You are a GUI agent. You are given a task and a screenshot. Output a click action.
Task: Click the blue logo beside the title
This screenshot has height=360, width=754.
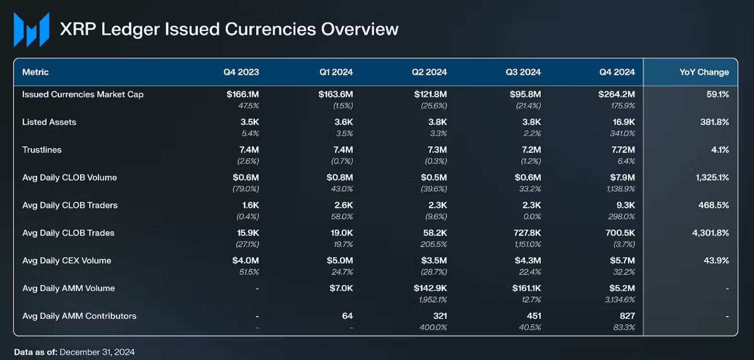click(32, 29)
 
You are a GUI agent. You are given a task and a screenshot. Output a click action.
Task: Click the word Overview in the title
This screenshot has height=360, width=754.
click(360, 29)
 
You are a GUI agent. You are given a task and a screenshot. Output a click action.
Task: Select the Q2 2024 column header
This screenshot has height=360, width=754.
click(429, 72)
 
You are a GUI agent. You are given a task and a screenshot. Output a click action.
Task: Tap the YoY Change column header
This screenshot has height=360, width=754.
click(704, 72)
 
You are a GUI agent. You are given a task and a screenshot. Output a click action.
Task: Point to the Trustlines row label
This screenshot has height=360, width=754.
click(42, 149)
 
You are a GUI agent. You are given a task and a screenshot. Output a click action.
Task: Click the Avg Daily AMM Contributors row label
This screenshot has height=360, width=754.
click(79, 316)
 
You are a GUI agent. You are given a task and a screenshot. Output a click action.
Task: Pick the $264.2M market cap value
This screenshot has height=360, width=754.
click(617, 94)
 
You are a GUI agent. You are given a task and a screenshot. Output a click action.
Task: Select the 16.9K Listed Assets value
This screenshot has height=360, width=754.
click(624, 122)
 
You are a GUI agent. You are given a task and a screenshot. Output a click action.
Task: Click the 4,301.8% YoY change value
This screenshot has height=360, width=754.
click(710, 233)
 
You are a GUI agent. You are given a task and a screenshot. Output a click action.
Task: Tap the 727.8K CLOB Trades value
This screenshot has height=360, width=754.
click(527, 233)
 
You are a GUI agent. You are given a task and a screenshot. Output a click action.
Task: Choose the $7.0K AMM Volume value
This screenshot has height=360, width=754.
click(341, 288)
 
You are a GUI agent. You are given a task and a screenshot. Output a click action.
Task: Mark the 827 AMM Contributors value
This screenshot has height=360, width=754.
click(627, 316)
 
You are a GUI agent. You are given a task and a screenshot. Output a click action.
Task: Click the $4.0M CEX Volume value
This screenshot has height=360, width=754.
click(245, 260)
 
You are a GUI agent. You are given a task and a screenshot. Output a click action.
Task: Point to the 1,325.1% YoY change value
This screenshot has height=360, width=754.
click(712, 177)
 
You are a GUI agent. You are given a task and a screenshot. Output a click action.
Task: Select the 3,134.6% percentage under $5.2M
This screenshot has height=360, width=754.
click(620, 299)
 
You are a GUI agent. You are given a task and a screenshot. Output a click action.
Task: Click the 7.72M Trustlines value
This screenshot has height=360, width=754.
click(623, 149)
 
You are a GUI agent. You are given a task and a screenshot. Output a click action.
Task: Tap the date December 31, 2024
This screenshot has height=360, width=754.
click(97, 352)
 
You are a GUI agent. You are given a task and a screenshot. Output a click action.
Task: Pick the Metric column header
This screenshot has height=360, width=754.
click(36, 72)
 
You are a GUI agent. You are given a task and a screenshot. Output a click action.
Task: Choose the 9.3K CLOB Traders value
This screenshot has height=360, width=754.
click(625, 205)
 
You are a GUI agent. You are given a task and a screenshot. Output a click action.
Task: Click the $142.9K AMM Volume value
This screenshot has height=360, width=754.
click(430, 288)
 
